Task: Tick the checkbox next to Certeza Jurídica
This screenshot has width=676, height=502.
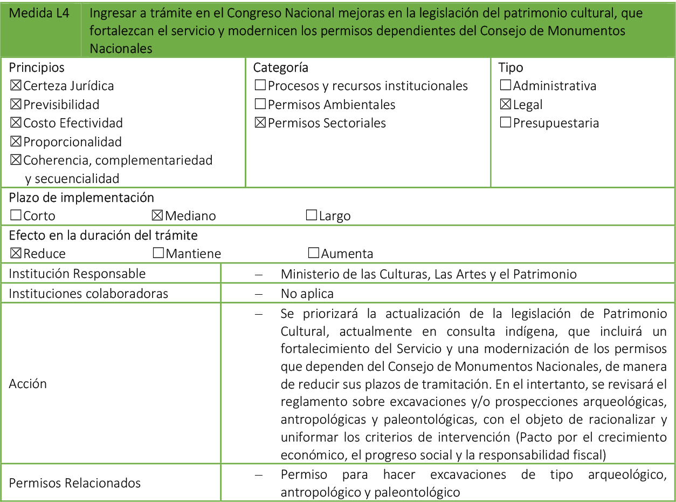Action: (x=16, y=86)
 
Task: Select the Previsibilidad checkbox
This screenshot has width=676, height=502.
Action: (x=16, y=105)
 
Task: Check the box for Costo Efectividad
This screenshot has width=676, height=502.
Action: (x=16, y=123)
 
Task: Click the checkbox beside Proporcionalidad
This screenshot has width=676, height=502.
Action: (x=16, y=142)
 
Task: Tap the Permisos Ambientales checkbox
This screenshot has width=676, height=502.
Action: (x=260, y=105)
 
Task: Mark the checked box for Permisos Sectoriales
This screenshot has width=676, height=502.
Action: (x=260, y=123)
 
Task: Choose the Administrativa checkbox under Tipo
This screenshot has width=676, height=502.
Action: (x=506, y=86)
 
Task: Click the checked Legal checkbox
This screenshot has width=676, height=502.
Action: (x=506, y=105)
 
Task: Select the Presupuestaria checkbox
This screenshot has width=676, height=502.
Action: (x=506, y=123)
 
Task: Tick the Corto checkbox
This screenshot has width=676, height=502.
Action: (x=16, y=216)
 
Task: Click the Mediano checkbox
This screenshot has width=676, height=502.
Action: (x=157, y=216)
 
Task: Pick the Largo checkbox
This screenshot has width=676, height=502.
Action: (x=311, y=216)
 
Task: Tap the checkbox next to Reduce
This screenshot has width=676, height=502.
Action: (x=16, y=254)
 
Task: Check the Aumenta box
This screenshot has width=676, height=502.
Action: (x=313, y=254)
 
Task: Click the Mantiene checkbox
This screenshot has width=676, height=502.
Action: (x=158, y=254)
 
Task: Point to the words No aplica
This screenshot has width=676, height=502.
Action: (x=307, y=294)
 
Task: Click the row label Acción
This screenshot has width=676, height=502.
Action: (x=28, y=384)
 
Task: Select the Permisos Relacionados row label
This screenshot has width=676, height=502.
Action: (x=75, y=483)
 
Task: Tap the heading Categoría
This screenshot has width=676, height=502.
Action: (x=280, y=67)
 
